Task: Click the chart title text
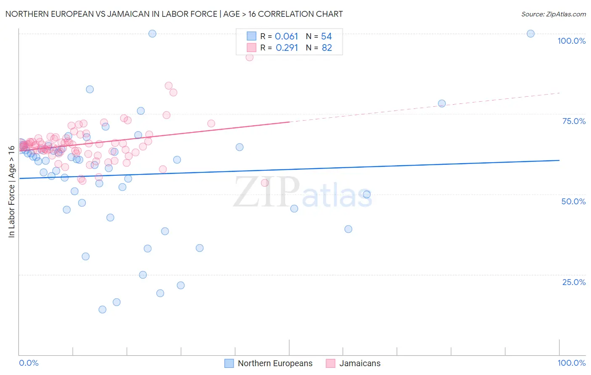[174, 14]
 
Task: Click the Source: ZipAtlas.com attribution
[553, 14]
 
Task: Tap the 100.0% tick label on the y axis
[571, 41]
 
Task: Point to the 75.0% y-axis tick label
[574, 121]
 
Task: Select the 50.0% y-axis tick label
[573, 201]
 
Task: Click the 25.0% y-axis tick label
[574, 282]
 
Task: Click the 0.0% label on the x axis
[29, 363]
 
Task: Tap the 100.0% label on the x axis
[571, 363]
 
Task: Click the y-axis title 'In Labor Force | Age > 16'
[11, 191]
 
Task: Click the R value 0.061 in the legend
[286, 37]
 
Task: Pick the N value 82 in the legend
[327, 48]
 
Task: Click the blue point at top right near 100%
[530, 34]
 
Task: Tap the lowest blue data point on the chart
[102, 309]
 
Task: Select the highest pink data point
[249, 57]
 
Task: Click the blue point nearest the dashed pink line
[441, 103]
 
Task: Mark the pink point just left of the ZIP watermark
[264, 183]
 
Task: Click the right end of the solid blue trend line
[559, 160]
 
